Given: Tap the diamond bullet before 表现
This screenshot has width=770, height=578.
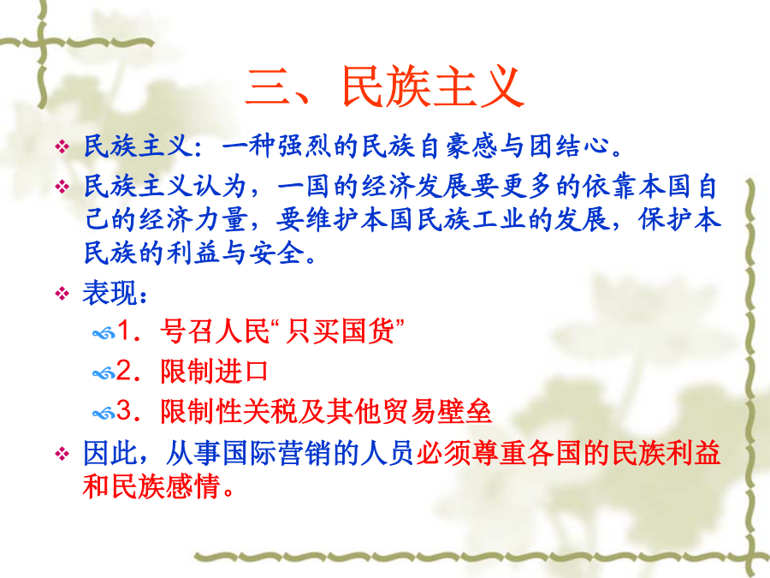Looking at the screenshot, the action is pyautogui.click(x=62, y=294).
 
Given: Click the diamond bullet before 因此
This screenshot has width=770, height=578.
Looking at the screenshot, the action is pyautogui.click(x=62, y=453).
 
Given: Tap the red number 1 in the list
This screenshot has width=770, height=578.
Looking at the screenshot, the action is pyautogui.click(x=123, y=331).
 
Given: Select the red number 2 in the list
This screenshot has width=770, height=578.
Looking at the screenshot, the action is pyautogui.click(x=123, y=371).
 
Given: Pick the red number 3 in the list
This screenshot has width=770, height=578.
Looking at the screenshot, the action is pyautogui.click(x=123, y=411).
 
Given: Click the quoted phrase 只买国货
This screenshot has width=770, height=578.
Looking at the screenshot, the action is pyautogui.click(x=340, y=331).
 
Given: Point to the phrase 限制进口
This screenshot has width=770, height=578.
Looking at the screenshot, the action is pyautogui.click(x=215, y=371).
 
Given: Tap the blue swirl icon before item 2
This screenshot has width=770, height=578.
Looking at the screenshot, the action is pyautogui.click(x=104, y=374).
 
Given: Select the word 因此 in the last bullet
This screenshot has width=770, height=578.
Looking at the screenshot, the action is pyautogui.click(x=110, y=453).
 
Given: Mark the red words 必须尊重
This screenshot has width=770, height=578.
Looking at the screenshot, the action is pyautogui.click(x=471, y=453).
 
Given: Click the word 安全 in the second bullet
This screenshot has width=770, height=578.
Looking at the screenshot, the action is pyautogui.click(x=277, y=253).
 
